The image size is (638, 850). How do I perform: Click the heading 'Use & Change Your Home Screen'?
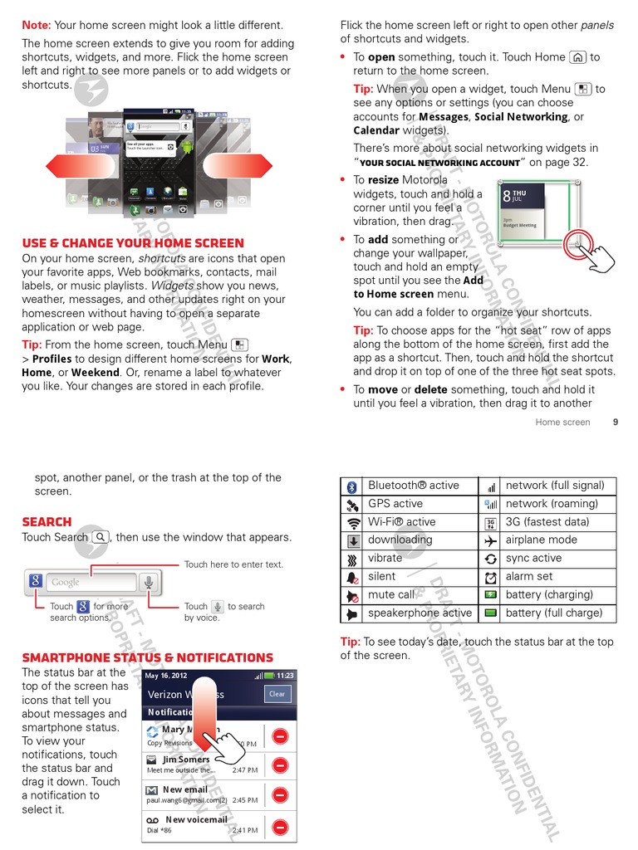[x=133, y=243]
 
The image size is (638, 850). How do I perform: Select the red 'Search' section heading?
[x=47, y=522]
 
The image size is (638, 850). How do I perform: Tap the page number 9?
[x=616, y=422]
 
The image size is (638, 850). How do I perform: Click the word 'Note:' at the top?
[x=37, y=25]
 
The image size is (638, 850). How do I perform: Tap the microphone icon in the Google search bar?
[x=149, y=582]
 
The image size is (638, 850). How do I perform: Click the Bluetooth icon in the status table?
[x=351, y=486]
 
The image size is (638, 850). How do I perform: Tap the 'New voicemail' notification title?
[x=196, y=819]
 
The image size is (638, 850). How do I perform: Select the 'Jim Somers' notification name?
[x=186, y=759]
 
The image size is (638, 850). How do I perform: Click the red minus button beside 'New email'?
[x=281, y=794]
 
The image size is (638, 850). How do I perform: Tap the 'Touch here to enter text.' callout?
[x=233, y=564]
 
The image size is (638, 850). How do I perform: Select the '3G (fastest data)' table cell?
[x=547, y=522]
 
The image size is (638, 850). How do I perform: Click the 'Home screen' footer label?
[x=562, y=422]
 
